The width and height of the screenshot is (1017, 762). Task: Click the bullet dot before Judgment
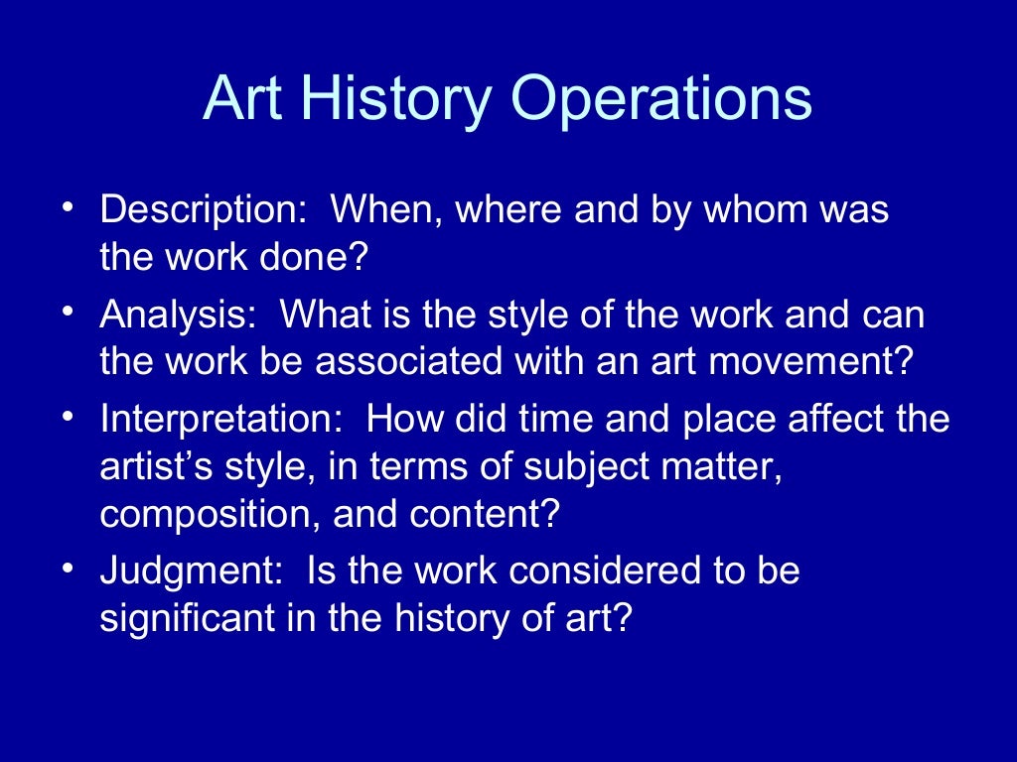67,568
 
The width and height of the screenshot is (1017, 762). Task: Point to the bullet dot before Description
67,207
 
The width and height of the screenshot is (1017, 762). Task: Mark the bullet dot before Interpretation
67,415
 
